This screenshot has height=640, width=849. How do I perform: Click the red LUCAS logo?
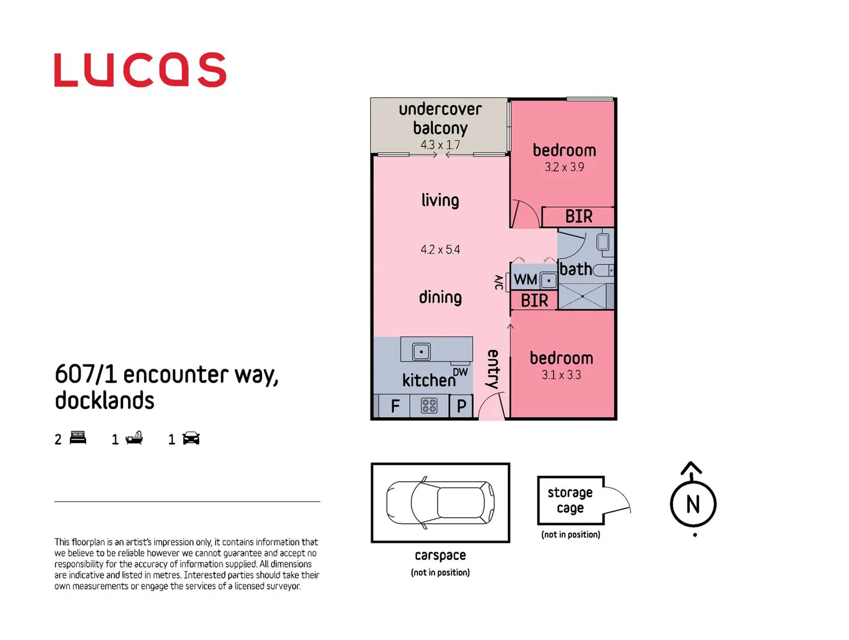140,70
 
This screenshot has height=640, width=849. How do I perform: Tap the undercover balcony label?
440,119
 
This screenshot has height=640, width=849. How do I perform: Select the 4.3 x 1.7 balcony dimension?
440,145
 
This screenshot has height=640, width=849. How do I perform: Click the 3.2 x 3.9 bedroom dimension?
564,168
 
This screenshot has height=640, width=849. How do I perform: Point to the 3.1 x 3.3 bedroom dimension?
561,375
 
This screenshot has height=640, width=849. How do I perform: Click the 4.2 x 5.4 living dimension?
440,250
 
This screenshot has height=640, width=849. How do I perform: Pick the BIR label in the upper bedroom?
578,217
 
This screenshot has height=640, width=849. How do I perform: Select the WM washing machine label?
525,280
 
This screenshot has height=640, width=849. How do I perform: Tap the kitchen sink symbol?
421,351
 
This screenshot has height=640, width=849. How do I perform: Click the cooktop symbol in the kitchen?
429,406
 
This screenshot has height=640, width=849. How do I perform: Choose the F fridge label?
395,407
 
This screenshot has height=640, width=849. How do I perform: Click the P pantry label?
461,407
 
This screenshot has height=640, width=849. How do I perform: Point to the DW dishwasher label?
460,372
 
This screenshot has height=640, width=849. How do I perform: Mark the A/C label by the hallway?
499,283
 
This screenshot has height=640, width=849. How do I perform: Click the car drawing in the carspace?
440,503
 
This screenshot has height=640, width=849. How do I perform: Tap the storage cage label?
570,500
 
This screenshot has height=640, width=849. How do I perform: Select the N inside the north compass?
693,504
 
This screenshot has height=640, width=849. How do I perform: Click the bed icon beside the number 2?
78,439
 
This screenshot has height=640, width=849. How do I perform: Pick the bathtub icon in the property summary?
134,439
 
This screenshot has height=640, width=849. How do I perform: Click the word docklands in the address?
105,401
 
